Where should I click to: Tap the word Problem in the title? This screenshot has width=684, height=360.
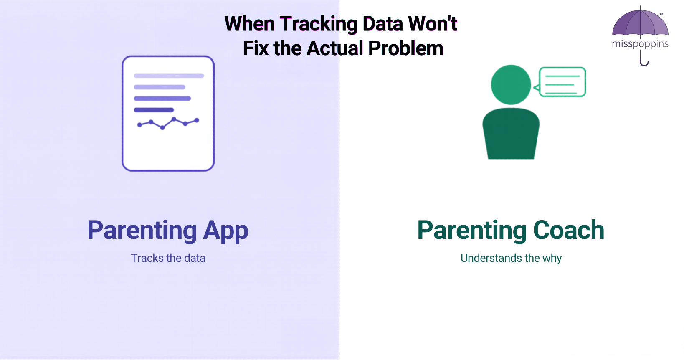tap(405, 48)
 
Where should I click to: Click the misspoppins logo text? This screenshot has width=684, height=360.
tap(640, 44)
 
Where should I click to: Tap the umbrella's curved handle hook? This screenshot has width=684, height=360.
tap(644, 63)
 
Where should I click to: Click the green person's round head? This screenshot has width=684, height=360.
tap(511, 85)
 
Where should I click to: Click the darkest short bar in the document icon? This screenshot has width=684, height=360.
tap(154, 110)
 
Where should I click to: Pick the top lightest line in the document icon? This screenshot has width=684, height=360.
tap(169, 76)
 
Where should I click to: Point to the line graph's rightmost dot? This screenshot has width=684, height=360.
tap(197, 120)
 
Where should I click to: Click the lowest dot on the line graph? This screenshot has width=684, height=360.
tap(162, 128)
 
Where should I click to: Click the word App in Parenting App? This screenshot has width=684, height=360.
tap(225, 231)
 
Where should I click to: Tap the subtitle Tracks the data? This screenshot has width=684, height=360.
tap(168, 258)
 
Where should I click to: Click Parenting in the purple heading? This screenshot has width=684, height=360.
tap(142, 231)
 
